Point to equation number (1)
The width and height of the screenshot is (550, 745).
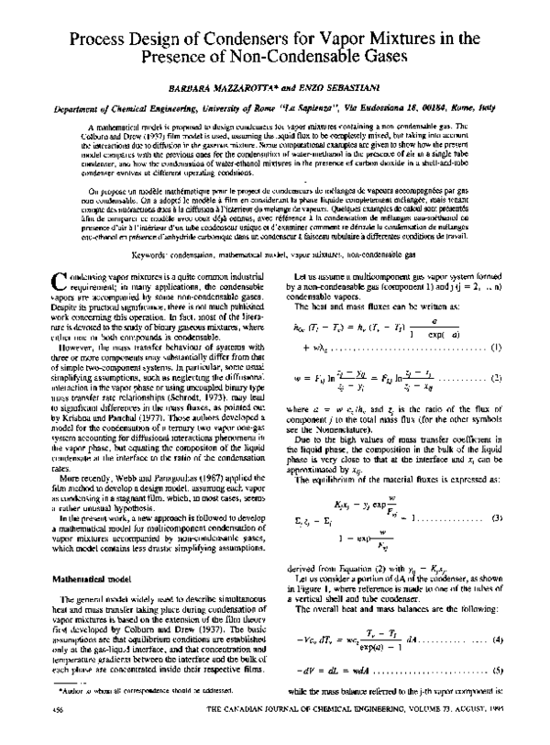click(x=493, y=347)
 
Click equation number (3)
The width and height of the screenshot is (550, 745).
click(x=493, y=495)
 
